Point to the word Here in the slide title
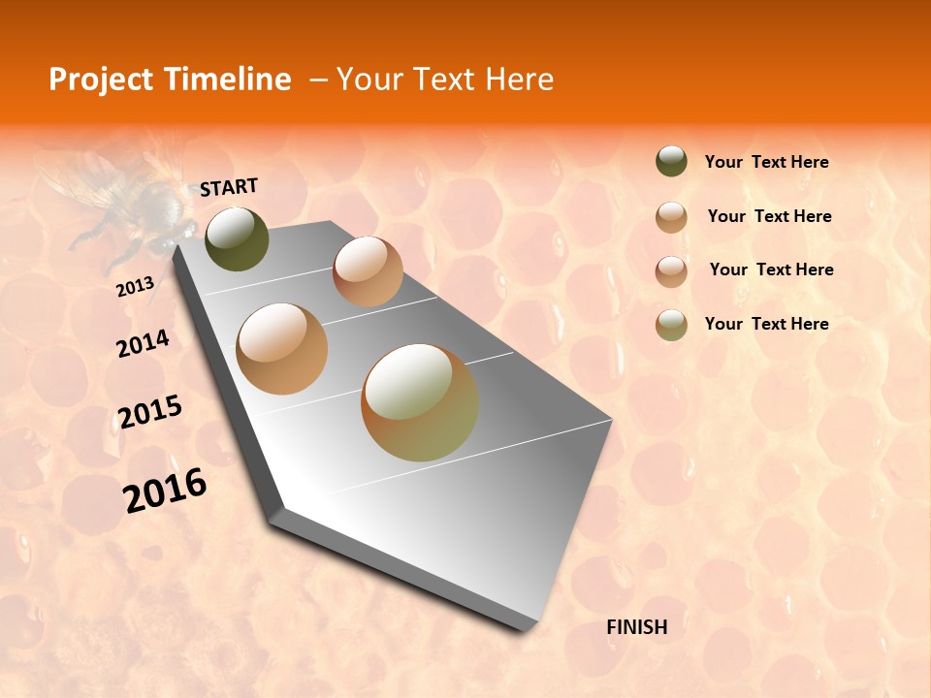click(519, 79)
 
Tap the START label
click(229, 187)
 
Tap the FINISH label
click(637, 627)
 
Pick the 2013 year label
click(135, 287)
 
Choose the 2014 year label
click(143, 343)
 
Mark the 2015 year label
click(150, 412)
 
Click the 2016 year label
click(165, 490)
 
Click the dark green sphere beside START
click(238, 238)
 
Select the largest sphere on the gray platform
click(420, 402)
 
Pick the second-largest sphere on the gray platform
click(282, 349)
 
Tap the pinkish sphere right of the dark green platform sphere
click(368, 271)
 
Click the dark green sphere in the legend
click(671, 161)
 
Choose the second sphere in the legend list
click(671, 217)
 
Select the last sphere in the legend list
click(671, 325)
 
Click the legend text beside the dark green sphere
click(766, 163)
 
